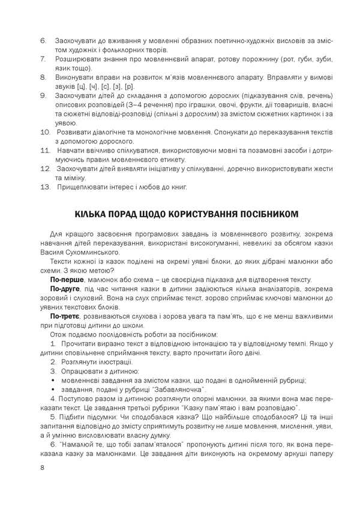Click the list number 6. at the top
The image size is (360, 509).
43,40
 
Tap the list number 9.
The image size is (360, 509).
43,95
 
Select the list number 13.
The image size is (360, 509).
44,187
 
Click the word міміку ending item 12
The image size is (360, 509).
73,178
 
